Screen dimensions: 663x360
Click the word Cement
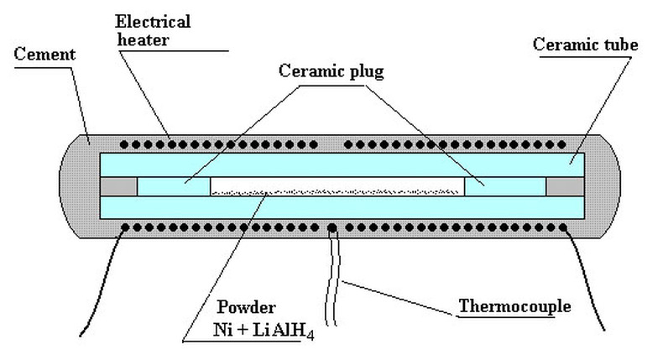(44, 55)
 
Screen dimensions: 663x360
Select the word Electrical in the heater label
(153, 22)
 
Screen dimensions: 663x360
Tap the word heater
(143, 39)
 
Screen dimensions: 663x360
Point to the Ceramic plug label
(331, 71)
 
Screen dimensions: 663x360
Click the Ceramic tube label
(585, 44)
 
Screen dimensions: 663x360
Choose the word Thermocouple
(514, 305)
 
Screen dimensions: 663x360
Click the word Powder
(246, 306)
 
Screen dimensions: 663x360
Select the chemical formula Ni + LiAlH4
(264, 330)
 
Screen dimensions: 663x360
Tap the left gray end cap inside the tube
(118, 186)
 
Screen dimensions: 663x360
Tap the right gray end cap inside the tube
(565, 186)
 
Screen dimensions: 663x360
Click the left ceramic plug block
(174, 186)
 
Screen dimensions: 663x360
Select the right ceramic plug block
(505, 186)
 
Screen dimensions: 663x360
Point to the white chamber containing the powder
(337, 186)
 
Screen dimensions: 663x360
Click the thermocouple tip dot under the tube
(332, 228)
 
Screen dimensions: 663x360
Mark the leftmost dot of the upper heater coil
(124, 144)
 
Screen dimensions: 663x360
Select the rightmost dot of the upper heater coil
(561, 144)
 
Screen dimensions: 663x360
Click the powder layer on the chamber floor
(337, 192)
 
